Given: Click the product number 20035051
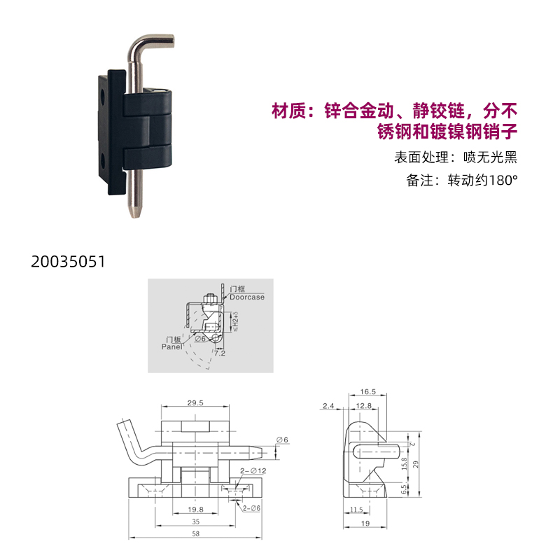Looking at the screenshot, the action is [68, 261].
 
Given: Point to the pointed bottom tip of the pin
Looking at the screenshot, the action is [134, 214].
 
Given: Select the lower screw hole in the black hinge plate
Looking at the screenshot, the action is [102, 161].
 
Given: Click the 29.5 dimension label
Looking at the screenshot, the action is [195, 403].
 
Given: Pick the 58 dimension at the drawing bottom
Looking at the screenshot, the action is [196, 533].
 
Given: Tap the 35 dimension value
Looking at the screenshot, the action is [196, 521].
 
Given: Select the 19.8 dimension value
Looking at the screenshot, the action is [195, 510].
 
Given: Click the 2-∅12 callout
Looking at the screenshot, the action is [253, 470].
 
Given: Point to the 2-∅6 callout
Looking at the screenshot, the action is [251, 508].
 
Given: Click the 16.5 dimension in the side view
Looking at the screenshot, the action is [368, 392].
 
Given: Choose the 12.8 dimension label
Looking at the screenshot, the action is [364, 406].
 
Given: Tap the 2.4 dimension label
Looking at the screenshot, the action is [328, 406].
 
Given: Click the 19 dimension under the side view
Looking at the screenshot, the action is [365, 524].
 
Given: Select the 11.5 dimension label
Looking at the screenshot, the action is [356, 510].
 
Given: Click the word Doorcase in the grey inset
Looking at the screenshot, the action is [247, 297].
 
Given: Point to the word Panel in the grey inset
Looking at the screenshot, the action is [171, 346].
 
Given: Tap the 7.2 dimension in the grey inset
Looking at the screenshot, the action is [220, 353].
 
